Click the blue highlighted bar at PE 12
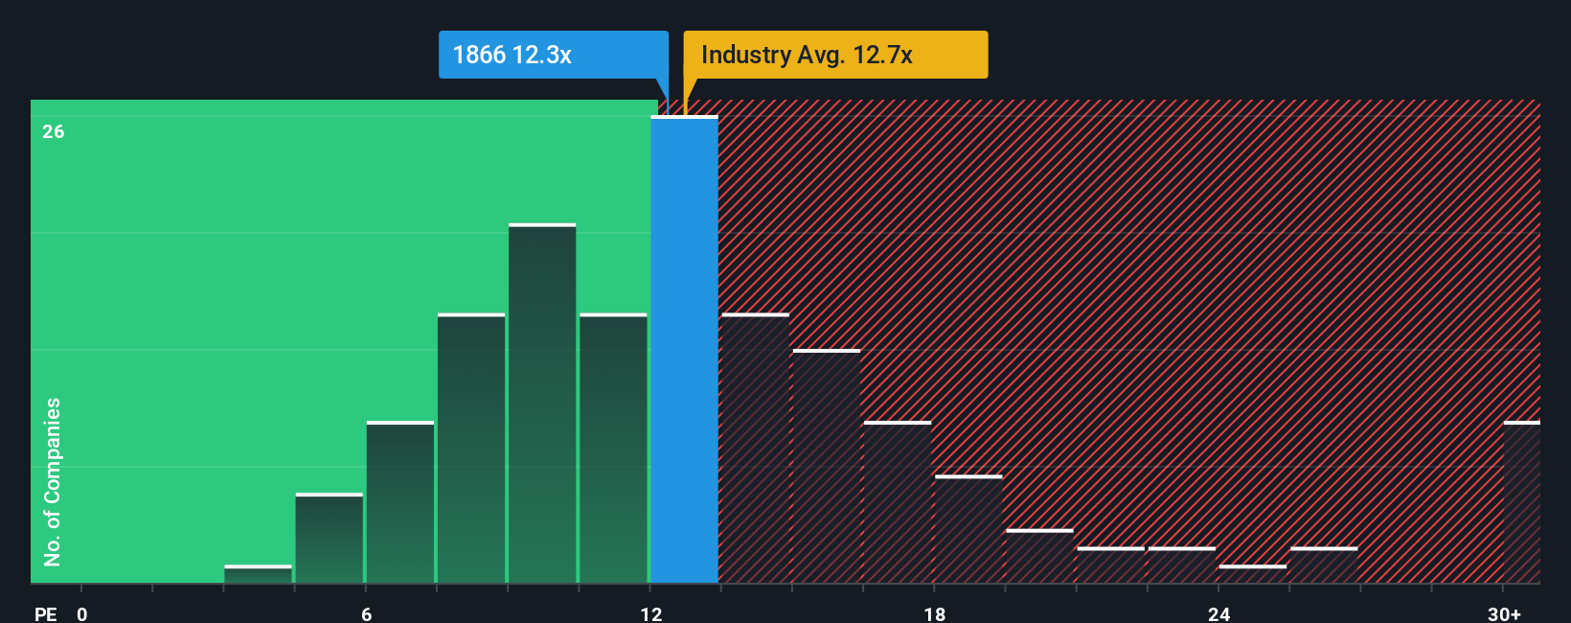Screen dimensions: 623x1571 (684, 350)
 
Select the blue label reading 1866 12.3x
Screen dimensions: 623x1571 (553, 55)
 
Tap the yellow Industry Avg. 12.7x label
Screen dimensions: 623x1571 (834, 55)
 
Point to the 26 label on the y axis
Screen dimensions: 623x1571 (54, 131)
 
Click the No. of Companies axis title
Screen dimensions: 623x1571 (53, 481)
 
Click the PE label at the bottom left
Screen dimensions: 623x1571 (45, 613)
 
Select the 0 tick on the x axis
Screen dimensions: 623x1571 (82, 613)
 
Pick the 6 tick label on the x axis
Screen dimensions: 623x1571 (366, 613)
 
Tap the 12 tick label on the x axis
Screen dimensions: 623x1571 (650, 613)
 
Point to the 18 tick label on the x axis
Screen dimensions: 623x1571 (934, 613)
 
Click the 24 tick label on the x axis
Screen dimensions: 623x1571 (1218, 613)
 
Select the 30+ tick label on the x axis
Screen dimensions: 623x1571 (1504, 613)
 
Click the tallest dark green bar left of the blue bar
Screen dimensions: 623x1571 (542, 403)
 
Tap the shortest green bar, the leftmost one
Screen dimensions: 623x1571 (258, 574)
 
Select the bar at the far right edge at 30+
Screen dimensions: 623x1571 (1521, 502)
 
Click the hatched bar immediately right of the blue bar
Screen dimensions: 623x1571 (755, 449)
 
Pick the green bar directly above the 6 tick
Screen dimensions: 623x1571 (400, 502)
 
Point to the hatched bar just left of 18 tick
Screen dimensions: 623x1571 (898, 502)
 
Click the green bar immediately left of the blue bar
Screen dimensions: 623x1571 (613, 449)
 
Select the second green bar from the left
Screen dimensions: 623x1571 (329, 538)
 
